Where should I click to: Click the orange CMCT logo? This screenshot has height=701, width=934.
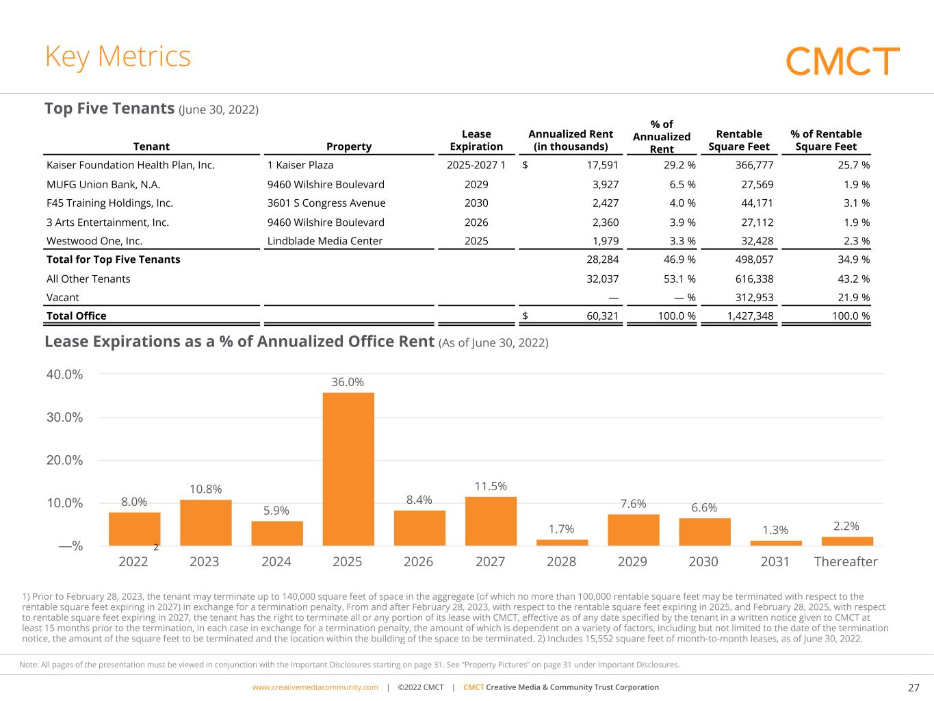pos(842,61)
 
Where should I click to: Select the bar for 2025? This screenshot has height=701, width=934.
pos(348,469)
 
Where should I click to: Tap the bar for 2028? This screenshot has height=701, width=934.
pos(562,542)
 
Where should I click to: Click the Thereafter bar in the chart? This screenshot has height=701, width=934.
pos(847,541)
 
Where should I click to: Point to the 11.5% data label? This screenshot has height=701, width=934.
pos(491,486)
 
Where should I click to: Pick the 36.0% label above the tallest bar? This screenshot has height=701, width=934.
pos(348,382)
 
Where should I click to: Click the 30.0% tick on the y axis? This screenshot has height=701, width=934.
pos(65,417)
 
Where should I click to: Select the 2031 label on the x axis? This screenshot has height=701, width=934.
pos(775,562)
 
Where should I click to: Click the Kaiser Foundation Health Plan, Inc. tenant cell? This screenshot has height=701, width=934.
pos(130,165)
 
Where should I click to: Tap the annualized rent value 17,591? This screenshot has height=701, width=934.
pos(602,165)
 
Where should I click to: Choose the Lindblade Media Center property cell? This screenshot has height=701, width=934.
pos(324,241)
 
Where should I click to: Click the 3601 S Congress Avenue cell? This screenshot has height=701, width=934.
pos(326,203)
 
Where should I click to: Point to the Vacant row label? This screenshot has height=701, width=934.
pos(62,297)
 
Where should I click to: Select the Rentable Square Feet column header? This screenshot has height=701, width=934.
pos(739,140)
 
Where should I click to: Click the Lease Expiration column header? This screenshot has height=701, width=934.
pos(476,140)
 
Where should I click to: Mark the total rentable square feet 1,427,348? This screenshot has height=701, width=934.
pos(750,316)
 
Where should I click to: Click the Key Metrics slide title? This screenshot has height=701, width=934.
pos(118,57)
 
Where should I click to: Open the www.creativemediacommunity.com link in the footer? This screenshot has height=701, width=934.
pos(315,687)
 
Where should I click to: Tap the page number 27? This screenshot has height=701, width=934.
pos(913,687)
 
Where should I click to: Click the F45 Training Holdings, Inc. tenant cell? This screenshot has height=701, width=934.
pos(109,203)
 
